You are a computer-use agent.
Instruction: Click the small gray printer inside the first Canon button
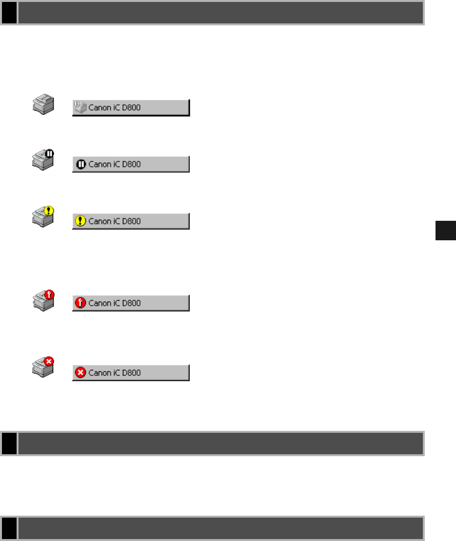[80, 107]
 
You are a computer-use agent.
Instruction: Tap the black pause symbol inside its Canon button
[80, 164]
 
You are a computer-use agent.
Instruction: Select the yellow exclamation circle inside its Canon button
[80, 221]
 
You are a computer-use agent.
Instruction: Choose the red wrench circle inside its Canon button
[80, 303]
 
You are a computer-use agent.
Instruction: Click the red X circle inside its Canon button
[80, 373]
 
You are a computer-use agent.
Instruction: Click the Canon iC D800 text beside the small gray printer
[115, 108]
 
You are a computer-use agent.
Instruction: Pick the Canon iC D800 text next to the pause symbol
[115, 164]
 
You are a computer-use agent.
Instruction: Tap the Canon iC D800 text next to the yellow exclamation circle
[115, 221]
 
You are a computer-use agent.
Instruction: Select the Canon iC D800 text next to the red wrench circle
[115, 303]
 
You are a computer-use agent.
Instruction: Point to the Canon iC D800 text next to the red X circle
[115, 373]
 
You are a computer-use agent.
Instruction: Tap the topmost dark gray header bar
[220, 13]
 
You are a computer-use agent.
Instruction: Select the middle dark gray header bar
[220, 443]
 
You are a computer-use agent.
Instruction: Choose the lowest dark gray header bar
[220, 528]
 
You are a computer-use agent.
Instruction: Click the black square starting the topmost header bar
[9, 13]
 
